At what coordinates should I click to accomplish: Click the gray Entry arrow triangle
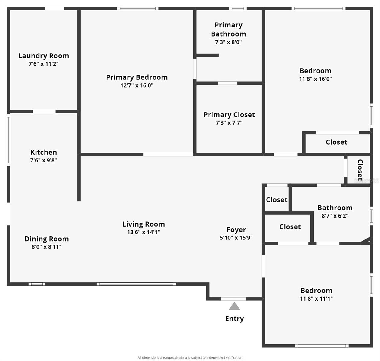tap(234, 307)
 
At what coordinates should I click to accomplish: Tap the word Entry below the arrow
tap(234, 319)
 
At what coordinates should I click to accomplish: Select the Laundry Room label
tap(44, 56)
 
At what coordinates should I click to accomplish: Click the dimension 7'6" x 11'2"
tap(44, 64)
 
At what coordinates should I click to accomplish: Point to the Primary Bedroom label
tap(137, 77)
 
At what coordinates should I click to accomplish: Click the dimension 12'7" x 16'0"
tap(137, 85)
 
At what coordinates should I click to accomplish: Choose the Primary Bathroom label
tap(228, 29)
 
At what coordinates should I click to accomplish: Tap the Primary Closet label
tap(229, 115)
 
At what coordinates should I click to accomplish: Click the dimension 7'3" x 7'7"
tap(229, 123)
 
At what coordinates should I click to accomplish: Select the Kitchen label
tap(44, 152)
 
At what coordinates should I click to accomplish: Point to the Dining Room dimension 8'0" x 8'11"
tap(47, 247)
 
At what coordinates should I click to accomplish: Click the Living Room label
tap(144, 224)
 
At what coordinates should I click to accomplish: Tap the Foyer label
tap(236, 230)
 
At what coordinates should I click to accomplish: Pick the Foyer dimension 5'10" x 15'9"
tap(236, 238)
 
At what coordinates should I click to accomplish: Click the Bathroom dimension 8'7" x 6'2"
tap(335, 216)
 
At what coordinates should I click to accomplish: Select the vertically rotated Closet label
tap(360, 170)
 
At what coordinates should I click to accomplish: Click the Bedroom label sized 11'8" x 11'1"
tap(317, 291)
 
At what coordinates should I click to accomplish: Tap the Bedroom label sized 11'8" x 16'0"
tap(315, 71)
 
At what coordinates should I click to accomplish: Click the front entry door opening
tap(233, 299)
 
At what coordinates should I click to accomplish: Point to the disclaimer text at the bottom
tap(190, 358)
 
